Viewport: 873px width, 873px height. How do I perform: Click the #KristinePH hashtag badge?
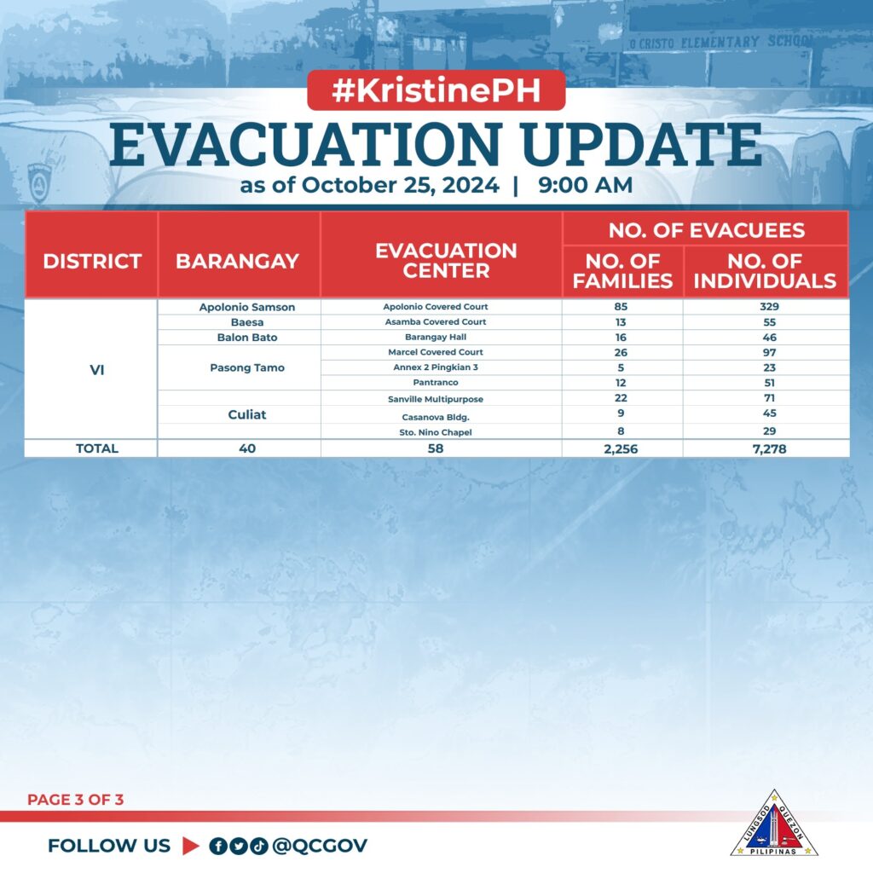click(436, 90)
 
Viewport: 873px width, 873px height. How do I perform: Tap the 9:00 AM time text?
click(585, 185)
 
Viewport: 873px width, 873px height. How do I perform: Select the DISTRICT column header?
click(92, 261)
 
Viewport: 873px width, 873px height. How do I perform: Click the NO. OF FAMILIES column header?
click(622, 271)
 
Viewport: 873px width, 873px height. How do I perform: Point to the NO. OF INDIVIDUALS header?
click(765, 271)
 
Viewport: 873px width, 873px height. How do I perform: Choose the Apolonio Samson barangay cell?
click(247, 307)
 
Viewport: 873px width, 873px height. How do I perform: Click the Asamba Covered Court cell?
click(436, 321)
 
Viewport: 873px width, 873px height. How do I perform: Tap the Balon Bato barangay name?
click(247, 338)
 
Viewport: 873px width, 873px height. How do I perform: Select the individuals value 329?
click(770, 306)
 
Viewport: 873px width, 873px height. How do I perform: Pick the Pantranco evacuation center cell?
click(436, 383)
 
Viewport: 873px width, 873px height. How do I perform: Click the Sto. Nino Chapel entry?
click(436, 432)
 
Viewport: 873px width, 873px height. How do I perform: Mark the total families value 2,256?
click(621, 448)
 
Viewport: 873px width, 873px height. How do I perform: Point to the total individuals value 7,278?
click(770, 448)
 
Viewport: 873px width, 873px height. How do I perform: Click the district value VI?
click(97, 370)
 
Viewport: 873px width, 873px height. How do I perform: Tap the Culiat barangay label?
click(247, 415)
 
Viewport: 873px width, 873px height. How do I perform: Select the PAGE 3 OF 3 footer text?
click(75, 800)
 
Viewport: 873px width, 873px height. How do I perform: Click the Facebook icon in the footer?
click(217, 847)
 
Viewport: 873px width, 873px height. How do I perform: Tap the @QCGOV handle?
click(320, 846)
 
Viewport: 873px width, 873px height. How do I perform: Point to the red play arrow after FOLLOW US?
click(190, 846)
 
